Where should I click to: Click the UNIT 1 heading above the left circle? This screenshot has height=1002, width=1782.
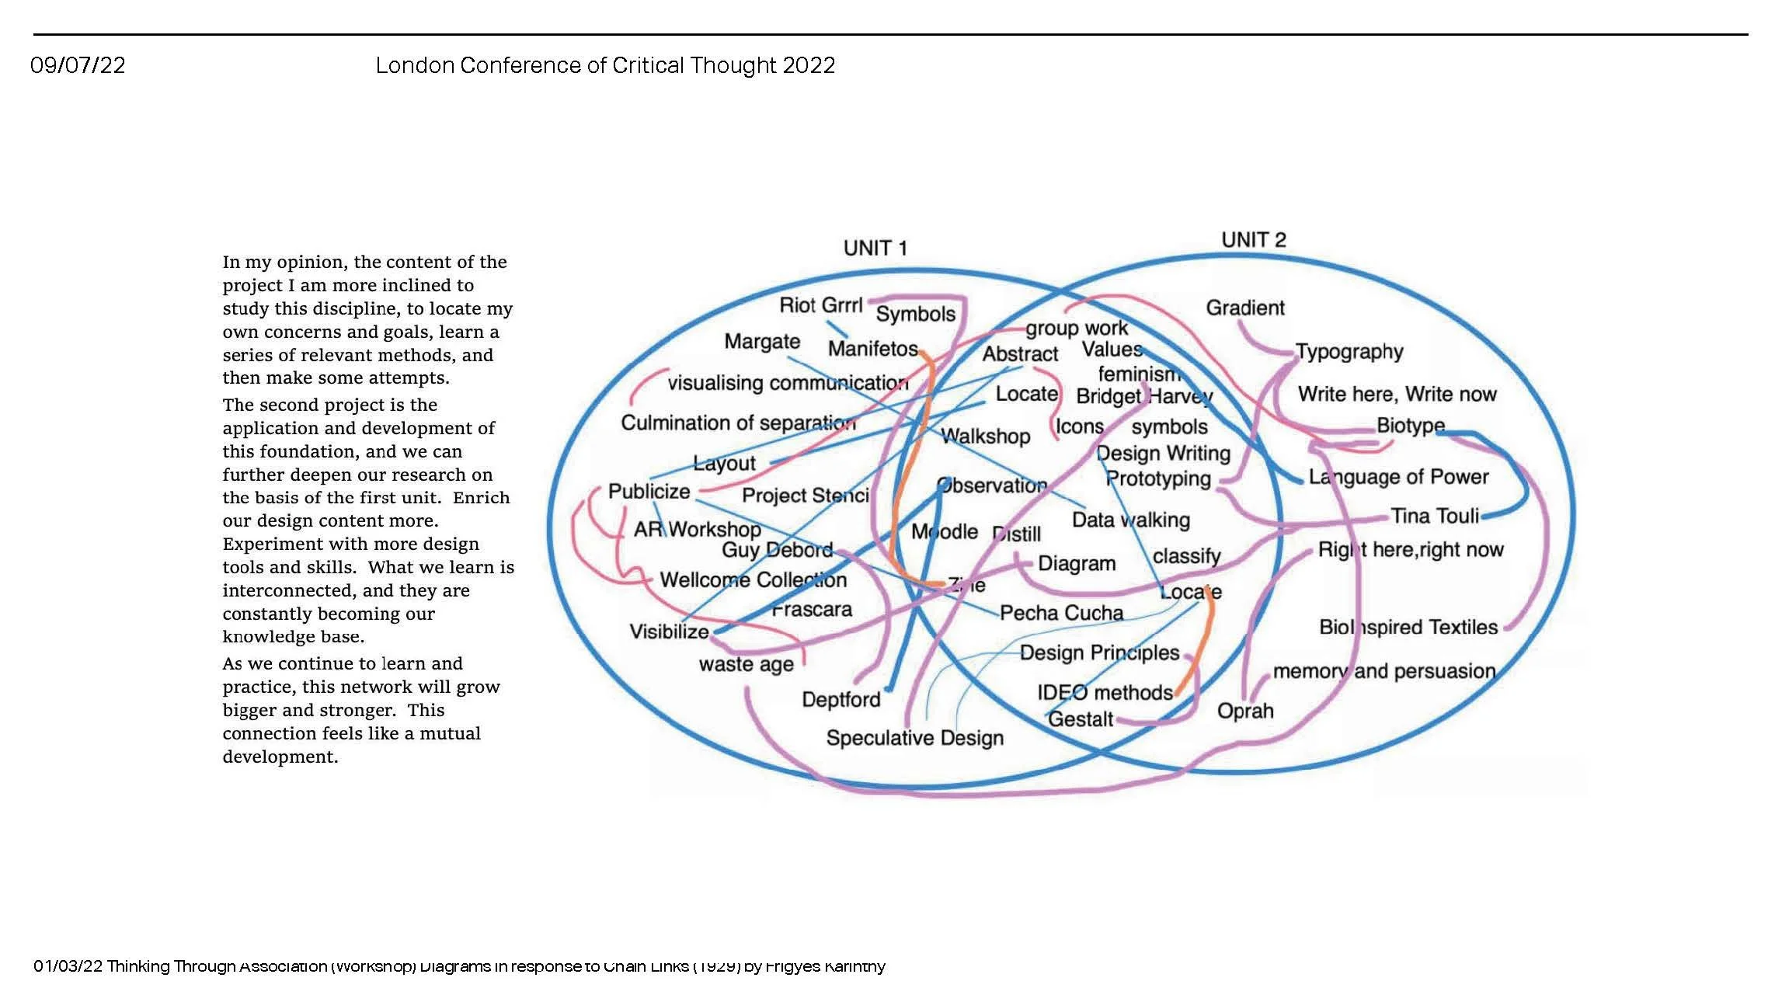coord(875,249)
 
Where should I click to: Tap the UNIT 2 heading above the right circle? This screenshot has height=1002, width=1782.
coord(1253,240)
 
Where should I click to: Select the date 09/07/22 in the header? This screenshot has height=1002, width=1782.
coord(78,65)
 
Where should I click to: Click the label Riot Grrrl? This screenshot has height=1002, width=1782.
coord(820,305)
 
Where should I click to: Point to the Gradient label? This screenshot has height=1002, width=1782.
coord(1244,308)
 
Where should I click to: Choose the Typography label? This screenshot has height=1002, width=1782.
coord(1349,352)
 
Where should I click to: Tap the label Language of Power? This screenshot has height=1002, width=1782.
coord(1398,477)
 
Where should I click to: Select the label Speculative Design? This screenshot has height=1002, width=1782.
coord(914,738)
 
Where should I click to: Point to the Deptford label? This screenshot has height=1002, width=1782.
coord(841,700)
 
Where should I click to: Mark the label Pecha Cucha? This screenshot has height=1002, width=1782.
coord(1061,614)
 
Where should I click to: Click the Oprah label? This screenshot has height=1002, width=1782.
coord(1244,711)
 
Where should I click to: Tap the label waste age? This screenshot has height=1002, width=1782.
coord(746,665)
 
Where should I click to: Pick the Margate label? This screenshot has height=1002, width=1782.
coord(761,342)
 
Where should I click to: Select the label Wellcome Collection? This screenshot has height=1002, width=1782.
coord(753,580)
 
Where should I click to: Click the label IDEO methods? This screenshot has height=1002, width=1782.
coord(1104,693)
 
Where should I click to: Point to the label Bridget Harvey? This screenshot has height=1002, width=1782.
coord(1143,397)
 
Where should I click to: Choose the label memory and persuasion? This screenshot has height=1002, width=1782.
coord(1383,671)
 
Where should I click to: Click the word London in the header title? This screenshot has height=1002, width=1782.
coord(414,65)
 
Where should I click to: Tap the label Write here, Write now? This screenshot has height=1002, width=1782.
coord(1397,395)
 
